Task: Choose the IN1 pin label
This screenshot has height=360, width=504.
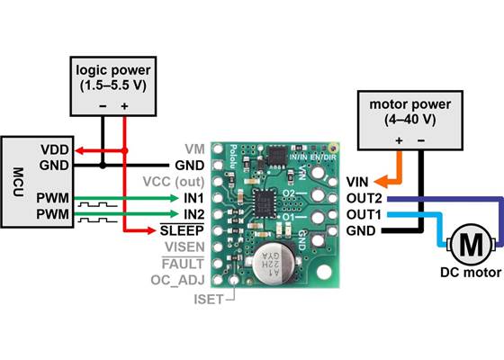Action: pyautogui.click(x=193, y=197)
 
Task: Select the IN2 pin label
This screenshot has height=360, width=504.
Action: pyautogui.click(x=193, y=213)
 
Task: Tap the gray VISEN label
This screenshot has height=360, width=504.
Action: pyautogui.click(x=183, y=247)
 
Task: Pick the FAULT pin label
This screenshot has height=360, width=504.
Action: pyautogui.click(x=183, y=264)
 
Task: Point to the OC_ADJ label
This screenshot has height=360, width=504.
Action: pyautogui.click(x=179, y=280)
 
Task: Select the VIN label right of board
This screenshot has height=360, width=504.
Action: pyautogui.click(x=357, y=181)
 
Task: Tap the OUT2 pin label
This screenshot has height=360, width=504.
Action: pyautogui.click(x=363, y=197)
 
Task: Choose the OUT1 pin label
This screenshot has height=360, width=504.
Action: pyautogui.click(x=363, y=213)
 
